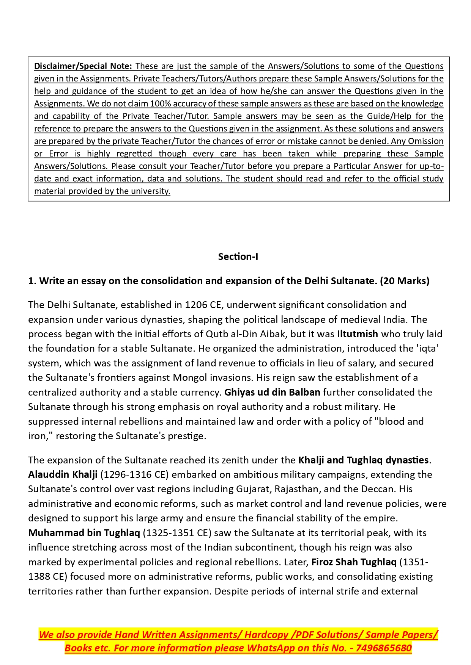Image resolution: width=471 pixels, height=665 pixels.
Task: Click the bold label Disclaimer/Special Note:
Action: click(83, 66)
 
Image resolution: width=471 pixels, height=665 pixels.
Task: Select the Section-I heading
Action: click(238, 257)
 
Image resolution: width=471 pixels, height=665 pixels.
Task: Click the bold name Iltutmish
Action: click(357, 334)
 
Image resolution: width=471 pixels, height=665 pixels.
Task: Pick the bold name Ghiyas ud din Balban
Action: click(272, 392)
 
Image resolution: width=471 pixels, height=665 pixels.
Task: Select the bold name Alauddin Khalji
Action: click(63, 474)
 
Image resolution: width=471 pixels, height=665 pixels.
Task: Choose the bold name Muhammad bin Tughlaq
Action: click(84, 533)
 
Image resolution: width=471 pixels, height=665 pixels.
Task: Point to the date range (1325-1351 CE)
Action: click(177, 533)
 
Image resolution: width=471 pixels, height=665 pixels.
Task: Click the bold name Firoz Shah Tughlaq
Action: click(354, 562)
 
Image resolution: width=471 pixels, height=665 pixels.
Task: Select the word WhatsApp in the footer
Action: click(271, 648)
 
